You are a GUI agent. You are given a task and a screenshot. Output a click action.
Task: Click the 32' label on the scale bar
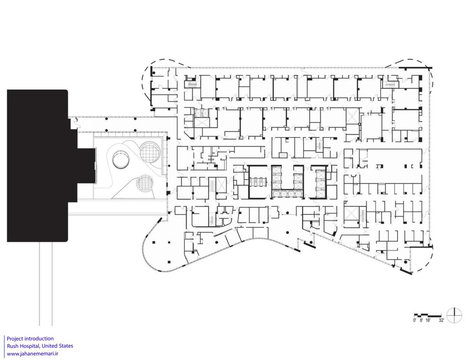(x=441, y=326)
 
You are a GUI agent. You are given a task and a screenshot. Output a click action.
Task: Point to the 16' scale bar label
(x=428, y=326)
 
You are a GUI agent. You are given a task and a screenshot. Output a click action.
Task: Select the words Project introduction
(x=30, y=339)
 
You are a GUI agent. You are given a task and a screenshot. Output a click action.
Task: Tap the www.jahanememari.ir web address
(x=33, y=354)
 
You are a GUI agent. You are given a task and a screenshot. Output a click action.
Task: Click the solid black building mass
(x=38, y=166)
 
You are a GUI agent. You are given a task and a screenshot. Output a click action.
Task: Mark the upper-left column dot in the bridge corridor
(x=106, y=118)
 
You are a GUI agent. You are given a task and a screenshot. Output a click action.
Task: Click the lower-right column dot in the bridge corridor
(x=135, y=130)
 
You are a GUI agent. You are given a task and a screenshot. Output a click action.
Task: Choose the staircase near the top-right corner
(x=390, y=85)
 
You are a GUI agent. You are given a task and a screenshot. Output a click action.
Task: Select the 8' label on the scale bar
(x=421, y=326)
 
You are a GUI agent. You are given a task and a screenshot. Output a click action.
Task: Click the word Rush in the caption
(x=13, y=346)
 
